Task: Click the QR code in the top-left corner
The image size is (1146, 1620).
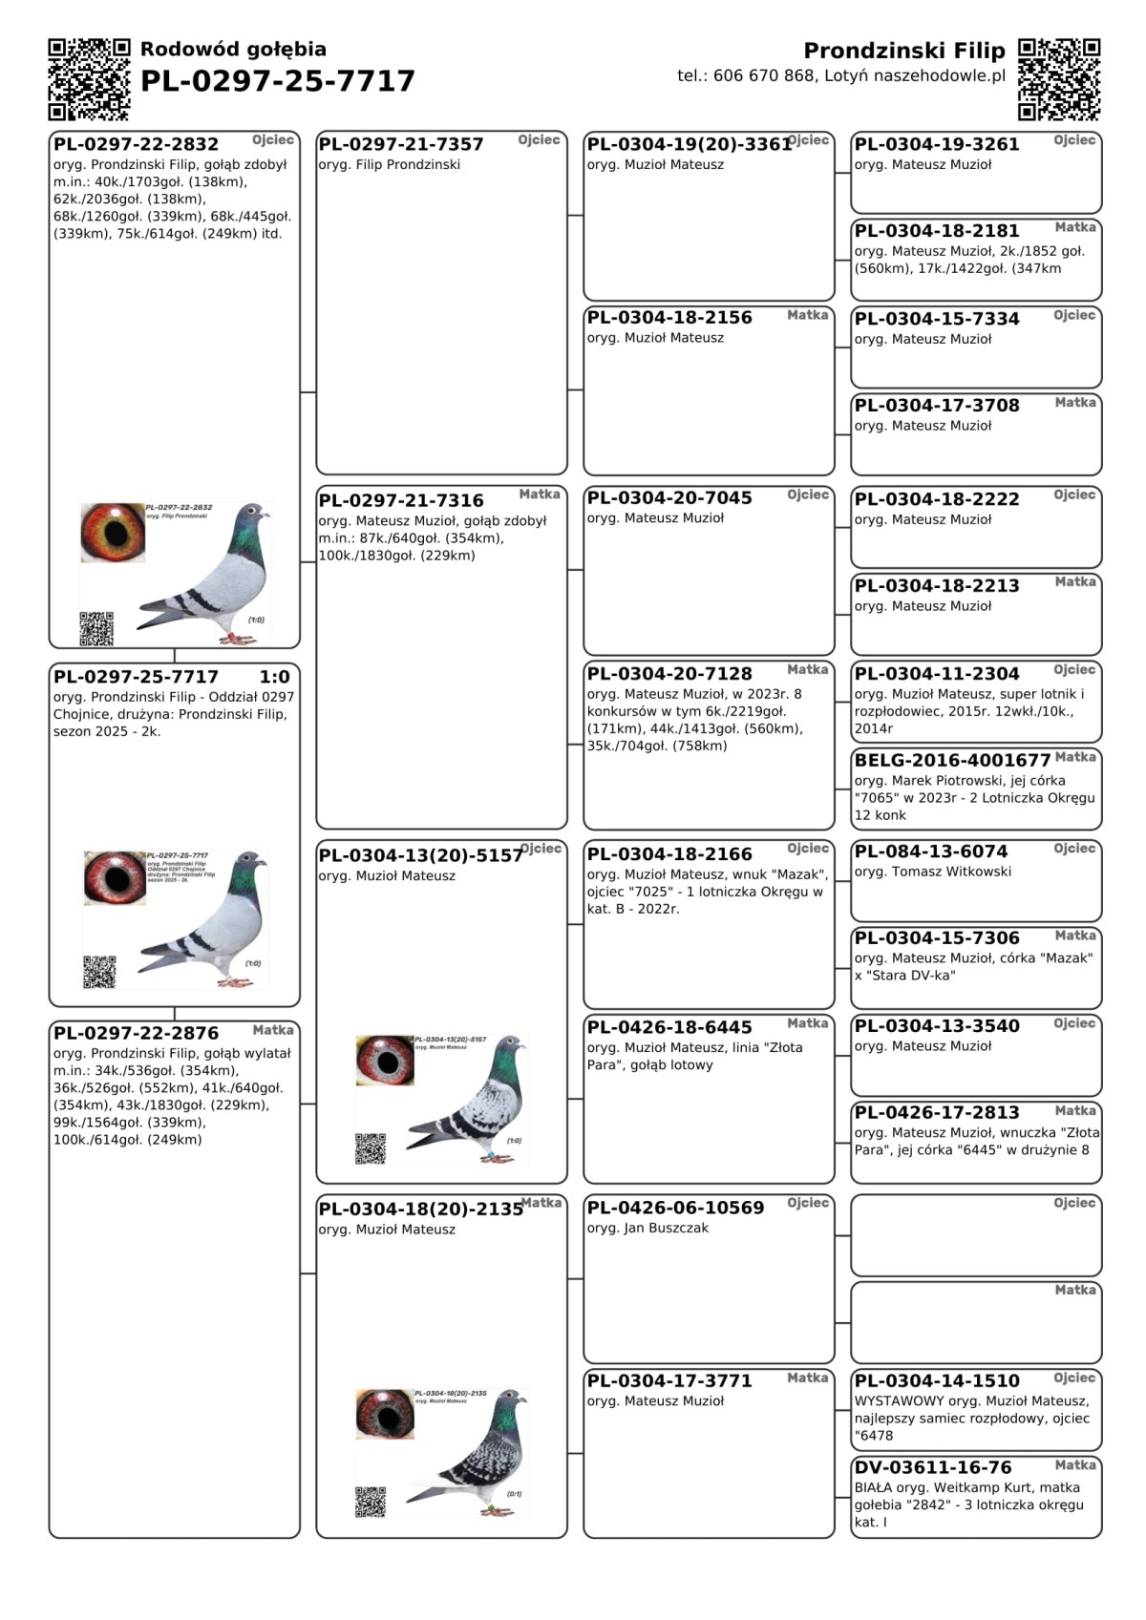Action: coord(89,79)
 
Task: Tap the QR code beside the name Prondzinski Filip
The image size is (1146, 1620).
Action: coord(1058,79)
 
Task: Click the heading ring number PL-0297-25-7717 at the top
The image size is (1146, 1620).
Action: coord(278,81)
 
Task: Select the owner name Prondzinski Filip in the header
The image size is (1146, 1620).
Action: coord(903,51)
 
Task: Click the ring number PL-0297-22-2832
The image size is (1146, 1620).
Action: coord(136,144)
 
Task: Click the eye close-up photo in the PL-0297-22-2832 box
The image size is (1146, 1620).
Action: coord(113,533)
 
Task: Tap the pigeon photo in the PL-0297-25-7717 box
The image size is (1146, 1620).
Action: coord(205,916)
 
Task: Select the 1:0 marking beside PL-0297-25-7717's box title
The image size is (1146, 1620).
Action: coord(274,677)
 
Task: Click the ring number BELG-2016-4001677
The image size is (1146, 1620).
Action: coord(952,761)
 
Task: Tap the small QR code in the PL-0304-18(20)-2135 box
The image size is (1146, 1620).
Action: coord(371,1501)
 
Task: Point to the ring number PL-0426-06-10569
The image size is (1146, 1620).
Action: coord(675,1208)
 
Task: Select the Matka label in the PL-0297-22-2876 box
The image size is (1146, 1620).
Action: coord(273,1030)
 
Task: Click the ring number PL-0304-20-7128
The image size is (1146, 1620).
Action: coord(669,674)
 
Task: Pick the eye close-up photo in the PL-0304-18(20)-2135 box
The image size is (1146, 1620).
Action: coord(385,1414)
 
